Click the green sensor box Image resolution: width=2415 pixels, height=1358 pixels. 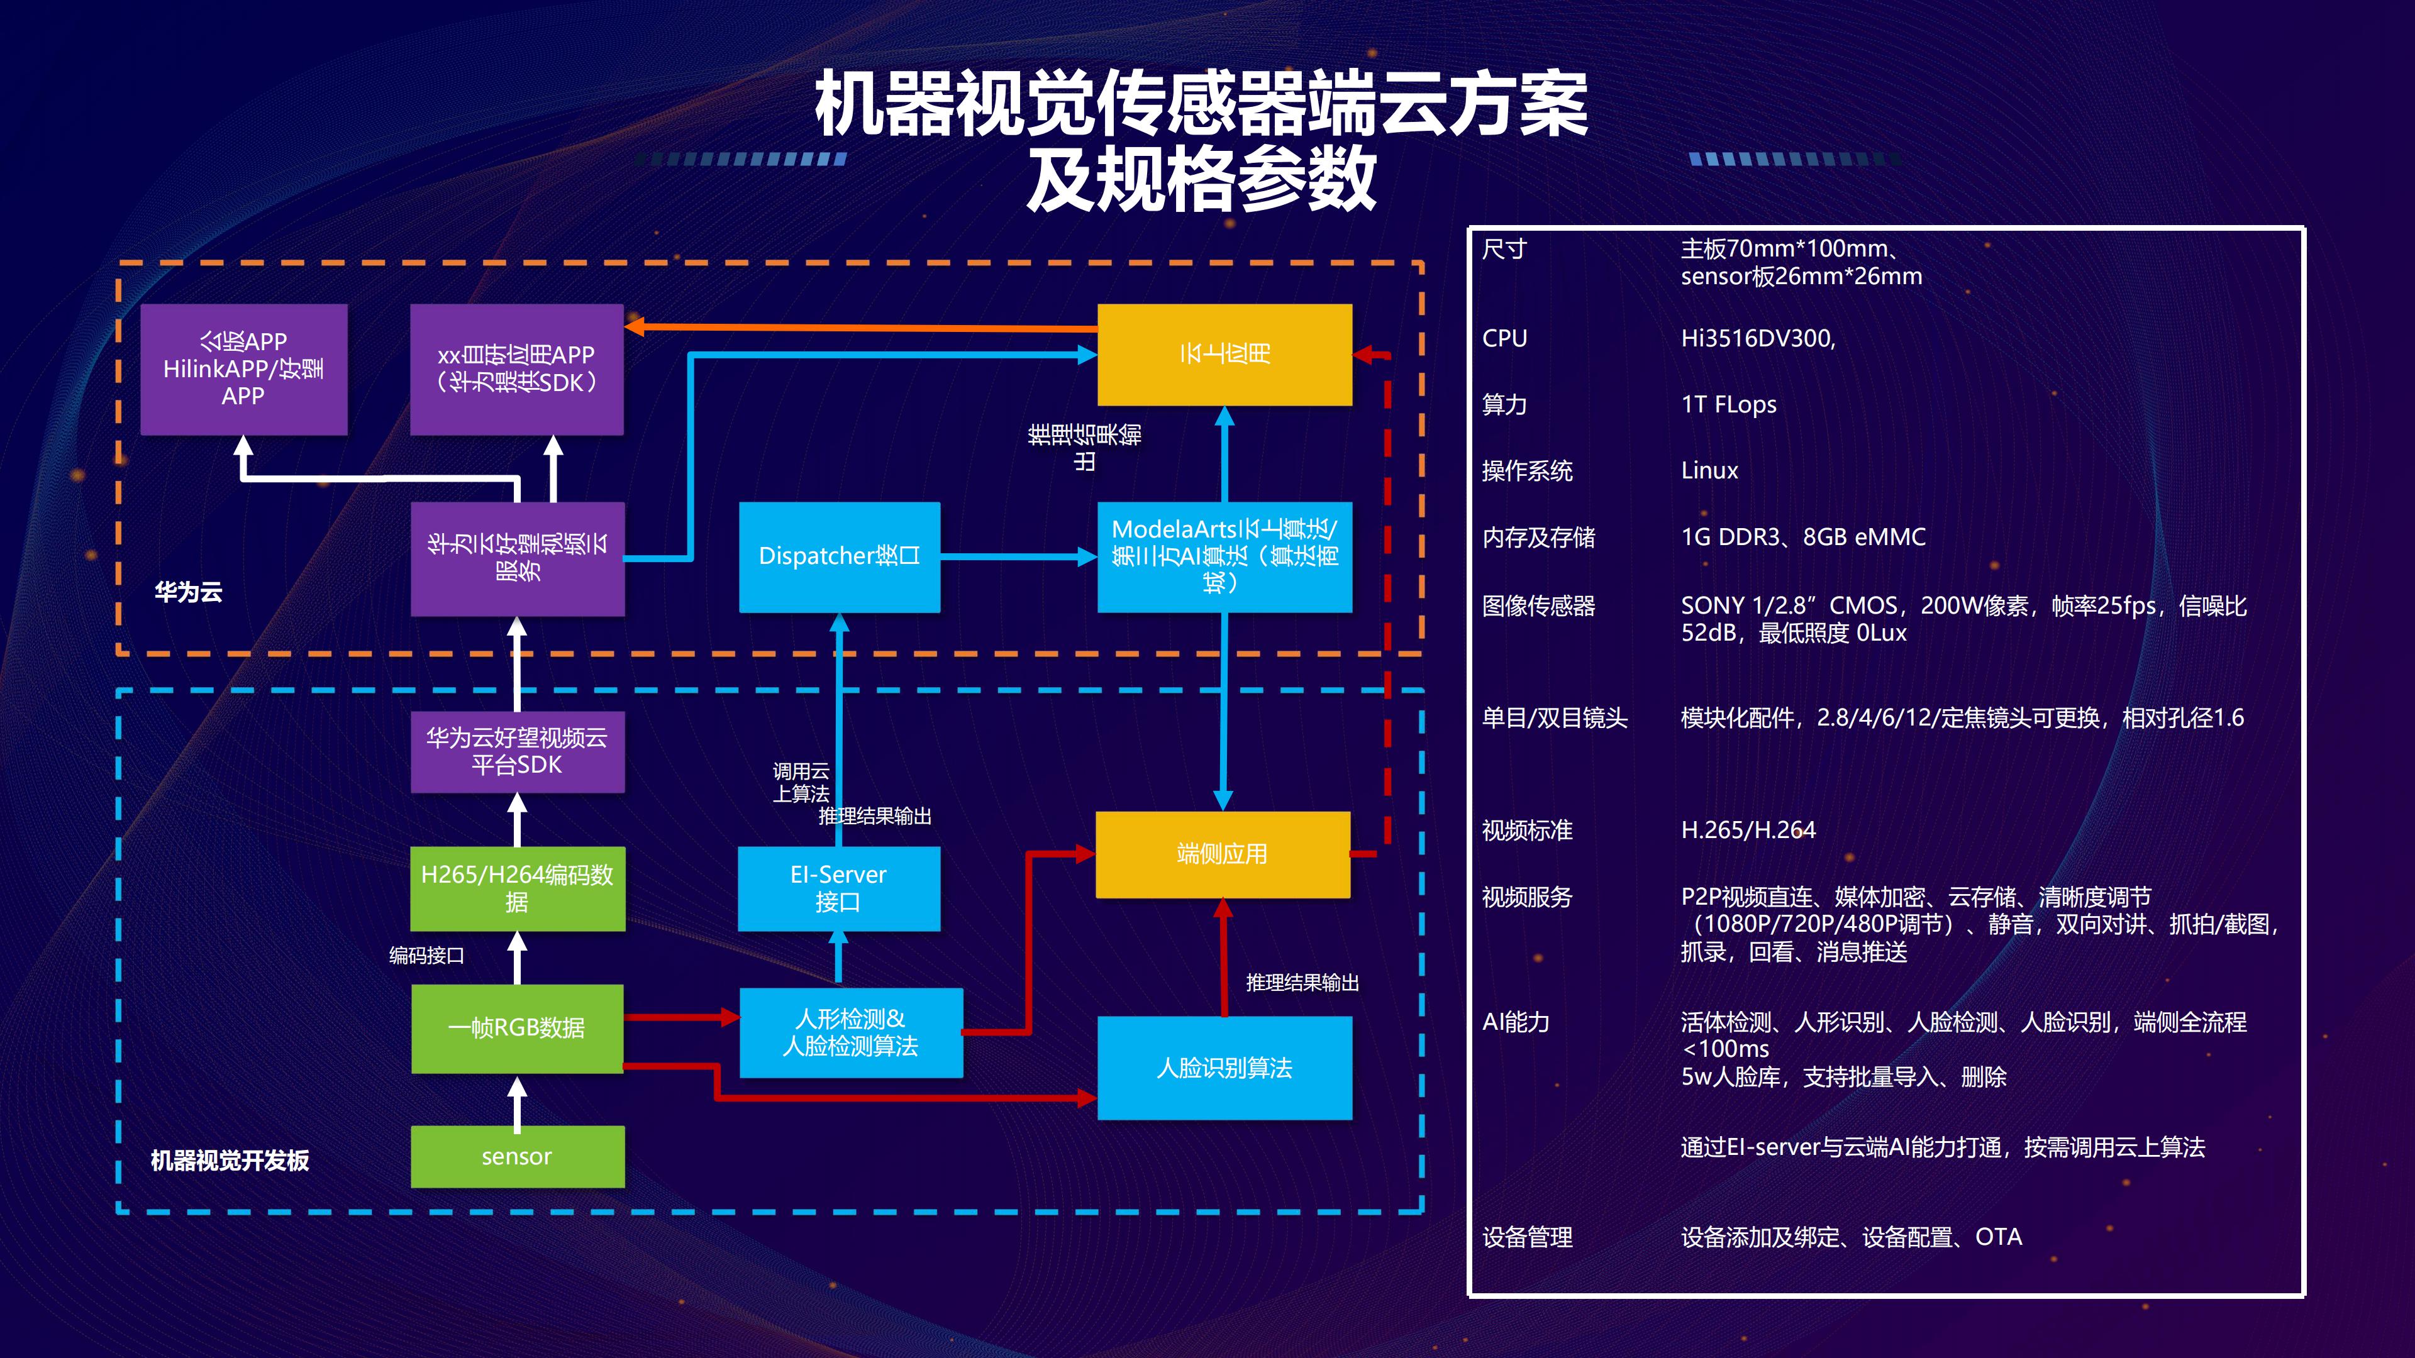pyautogui.click(x=516, y=1157)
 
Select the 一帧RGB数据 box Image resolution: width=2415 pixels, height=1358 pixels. pyautogui.click(x=516, y=1028)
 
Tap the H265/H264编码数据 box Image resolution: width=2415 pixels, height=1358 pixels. pyautogui.click(x=516, y=888)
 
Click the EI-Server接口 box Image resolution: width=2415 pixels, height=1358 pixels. pyautogui.click(x=838, y=888)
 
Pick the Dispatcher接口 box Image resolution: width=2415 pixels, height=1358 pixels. pyautogui.click(x=839, y=556)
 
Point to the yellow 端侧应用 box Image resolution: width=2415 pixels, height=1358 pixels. pyautogui.click(x=1223, y=854)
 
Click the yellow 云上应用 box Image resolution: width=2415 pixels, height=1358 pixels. pyautogui.click(x=1224, y=354)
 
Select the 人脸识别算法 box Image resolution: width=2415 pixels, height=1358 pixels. pyautogui.click(x=1224, y=1068)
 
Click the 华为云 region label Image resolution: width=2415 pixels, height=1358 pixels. pyautogui.click(x=189, y=592)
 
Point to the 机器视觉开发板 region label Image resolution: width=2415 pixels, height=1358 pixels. pyautogui.click(x=230, y=1160)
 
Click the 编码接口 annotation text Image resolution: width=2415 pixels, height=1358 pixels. pyautogui.click(x=426, y=955)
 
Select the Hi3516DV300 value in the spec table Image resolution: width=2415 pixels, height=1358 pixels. pyautogui.click(x=1758, y=338)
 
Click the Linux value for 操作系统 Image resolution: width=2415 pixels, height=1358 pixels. pyautogui.click(x=1709, y=470)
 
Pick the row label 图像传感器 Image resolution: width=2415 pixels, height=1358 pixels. pyautogui.click(x=1538, y=606)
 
